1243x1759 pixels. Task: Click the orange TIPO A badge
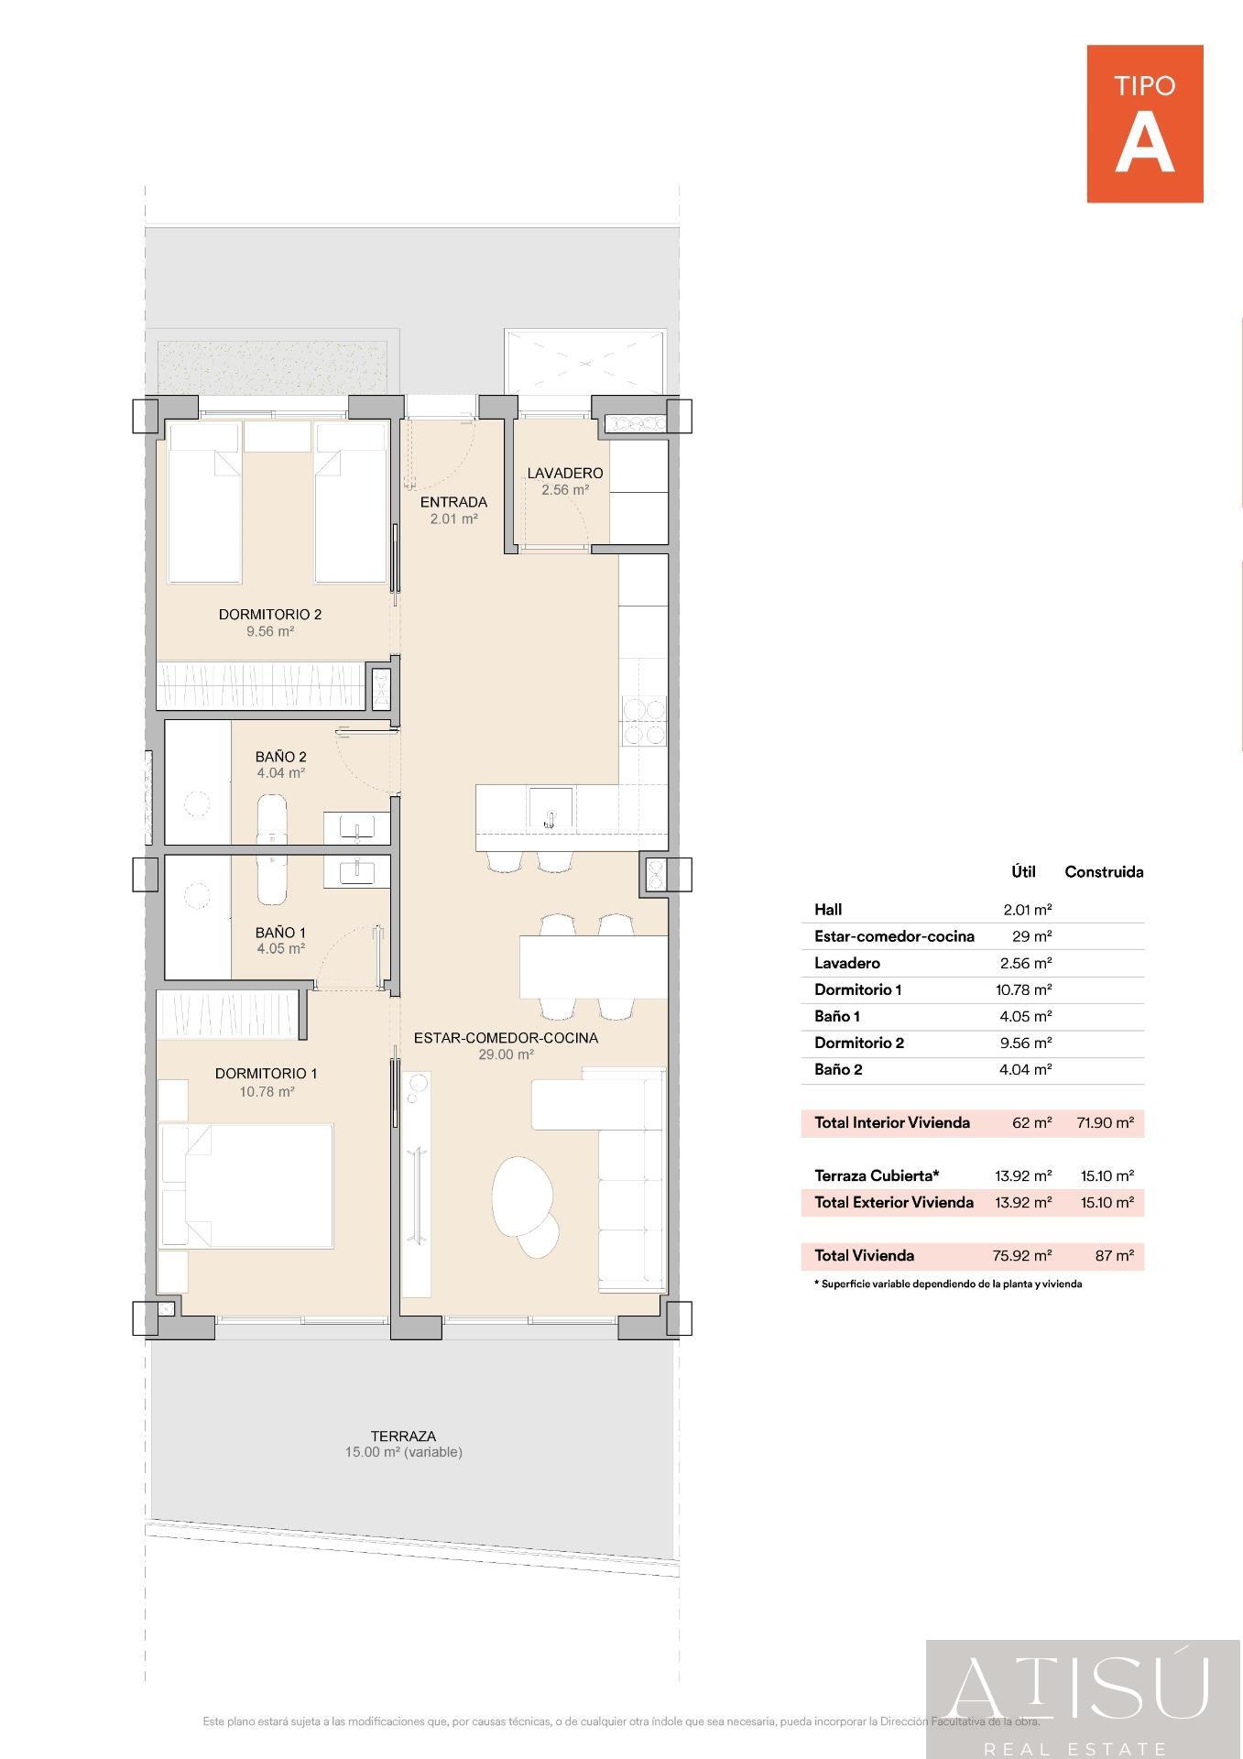tap(1144, 124)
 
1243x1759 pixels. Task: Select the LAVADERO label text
tap(564, 473)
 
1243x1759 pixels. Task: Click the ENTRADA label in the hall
tap(453, 502)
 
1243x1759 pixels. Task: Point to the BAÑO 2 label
tap(280, 757)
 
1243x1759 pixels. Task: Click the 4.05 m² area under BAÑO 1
tap(280, 949)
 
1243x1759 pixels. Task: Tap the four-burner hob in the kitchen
tap(643, 720)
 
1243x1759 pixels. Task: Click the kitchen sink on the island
tap(551, 810)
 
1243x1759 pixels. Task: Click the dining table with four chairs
tap(593, 967)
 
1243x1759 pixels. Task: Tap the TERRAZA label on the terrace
tap(403, 1437)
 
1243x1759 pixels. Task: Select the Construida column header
tap(1103, 872)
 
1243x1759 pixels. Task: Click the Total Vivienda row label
tap(864, 1256)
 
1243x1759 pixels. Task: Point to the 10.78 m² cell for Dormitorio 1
tap(1022, 990)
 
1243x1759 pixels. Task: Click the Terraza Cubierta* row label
tap(877, 1175)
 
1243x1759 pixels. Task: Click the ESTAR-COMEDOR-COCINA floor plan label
tap(506, 1038)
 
